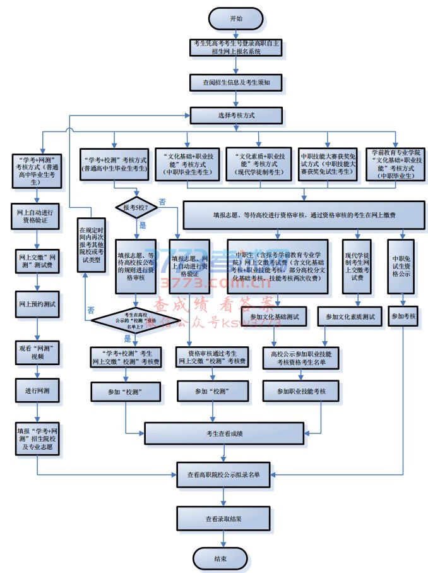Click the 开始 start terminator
[x=235, y=19]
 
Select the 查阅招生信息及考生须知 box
[x=236, y=82]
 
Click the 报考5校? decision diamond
[x=135, y=207]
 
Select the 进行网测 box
[x=38, y=390]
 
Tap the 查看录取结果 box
[x=222, y=519]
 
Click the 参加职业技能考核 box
[x=301, y=392]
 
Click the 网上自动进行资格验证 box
[x=38, y=217]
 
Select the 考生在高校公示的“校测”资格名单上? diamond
[x=135, y=320]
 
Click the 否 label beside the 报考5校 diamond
[x=162, y=202]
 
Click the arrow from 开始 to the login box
[x=235, y=34]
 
